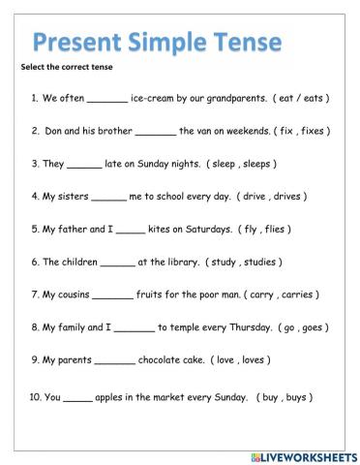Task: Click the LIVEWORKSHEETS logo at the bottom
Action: [x=302, y=453]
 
